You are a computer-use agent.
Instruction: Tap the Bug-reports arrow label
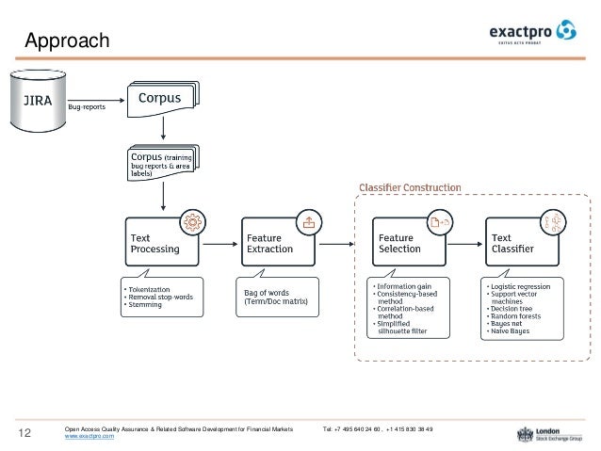[87, 106]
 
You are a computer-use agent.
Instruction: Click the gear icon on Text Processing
[192, 221]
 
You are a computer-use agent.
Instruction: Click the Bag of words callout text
[275, 296]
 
